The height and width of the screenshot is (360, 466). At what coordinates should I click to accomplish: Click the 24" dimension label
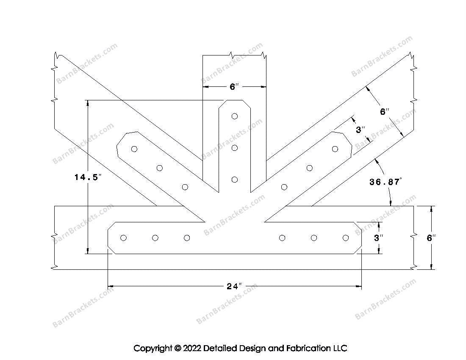tap(233, 286)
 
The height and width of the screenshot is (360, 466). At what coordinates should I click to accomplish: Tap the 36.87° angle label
tap(385, 182)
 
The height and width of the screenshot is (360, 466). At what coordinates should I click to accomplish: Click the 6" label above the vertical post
tap(234, 87)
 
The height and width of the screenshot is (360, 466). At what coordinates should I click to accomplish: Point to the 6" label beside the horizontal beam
tap(431, 238)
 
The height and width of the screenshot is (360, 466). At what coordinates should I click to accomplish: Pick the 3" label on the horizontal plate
tap(378, 238)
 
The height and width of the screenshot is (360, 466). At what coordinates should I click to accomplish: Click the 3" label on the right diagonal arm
tap(360, 130)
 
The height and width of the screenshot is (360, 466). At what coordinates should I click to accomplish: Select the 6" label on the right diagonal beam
tap(384, 112)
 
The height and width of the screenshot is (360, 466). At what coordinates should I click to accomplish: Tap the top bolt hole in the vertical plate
tap(235, 116)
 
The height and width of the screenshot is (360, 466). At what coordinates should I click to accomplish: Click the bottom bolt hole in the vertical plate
tap(235, 180)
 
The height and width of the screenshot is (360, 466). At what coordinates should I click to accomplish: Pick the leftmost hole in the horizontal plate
tap(123, 238)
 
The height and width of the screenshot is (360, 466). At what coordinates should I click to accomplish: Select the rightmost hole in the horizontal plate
tap(346, 238)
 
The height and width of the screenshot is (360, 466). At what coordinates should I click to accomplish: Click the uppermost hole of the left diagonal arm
tap(134, 149)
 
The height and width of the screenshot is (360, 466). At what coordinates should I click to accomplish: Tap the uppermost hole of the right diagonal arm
tap(335, 149)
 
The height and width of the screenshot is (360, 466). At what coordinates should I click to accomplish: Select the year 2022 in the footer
tap(191, 349)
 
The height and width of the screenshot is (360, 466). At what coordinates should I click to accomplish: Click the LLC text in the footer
tap(340, 349)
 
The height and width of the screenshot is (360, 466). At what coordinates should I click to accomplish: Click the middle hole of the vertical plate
tap(235, 148)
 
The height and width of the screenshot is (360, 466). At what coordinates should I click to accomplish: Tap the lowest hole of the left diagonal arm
tap(185, 187)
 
